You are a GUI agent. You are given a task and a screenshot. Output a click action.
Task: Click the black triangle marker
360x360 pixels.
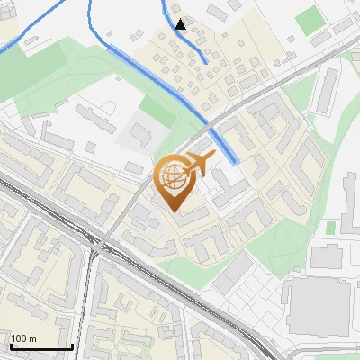tap(181, 24)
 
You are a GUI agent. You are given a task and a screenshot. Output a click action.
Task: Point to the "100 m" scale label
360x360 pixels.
tap(23, 338)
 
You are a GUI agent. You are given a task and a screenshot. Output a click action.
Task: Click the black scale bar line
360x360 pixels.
tap(41, 346)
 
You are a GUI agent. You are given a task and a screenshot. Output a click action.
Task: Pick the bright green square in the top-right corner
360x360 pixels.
tap(309, 18)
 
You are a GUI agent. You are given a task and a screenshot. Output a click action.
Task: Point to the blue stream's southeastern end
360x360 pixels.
tap(236, 160)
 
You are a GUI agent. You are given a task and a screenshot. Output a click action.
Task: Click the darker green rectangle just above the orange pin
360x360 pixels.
tap(160, 112)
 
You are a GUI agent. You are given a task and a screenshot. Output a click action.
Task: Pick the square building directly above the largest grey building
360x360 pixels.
tap(323, 256)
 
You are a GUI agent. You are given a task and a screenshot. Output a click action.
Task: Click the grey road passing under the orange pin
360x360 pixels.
tap(144, 193)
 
